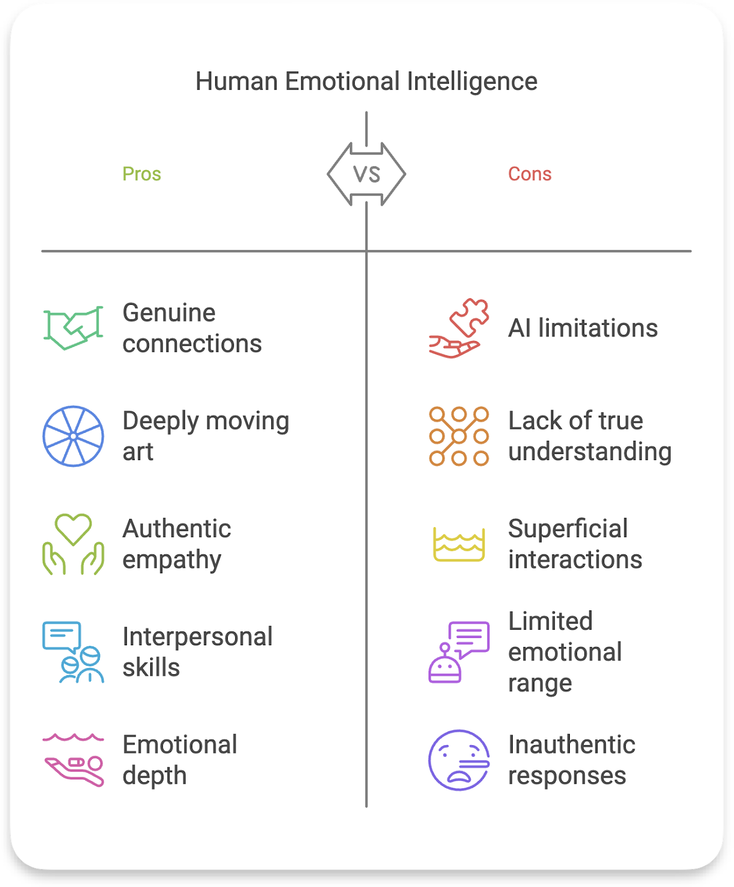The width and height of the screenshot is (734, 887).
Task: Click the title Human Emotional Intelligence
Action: pyautogui.click(x=366, y=81)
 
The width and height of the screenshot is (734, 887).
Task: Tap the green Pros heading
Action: pyautogui.click(x=141, y=174)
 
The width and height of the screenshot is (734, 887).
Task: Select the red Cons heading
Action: pyautogui.click(x=529, y=174)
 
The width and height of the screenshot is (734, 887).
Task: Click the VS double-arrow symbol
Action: pyautogui.click(x=366, y=174)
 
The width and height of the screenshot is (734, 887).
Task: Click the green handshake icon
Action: pyautogui.click(x=73, y=328)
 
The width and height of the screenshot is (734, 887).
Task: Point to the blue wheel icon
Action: pyautogui.click(x=73, y=436)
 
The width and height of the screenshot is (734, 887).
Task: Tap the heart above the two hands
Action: pyautogui.click(x=73, y=528)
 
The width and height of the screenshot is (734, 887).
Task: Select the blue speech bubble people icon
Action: pyautogui.click(x=73, y=652)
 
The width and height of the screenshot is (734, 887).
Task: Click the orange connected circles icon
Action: pyautogui.click(x=459, y=436)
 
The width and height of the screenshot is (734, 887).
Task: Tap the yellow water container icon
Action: pyautogui.click(x=459, y=544)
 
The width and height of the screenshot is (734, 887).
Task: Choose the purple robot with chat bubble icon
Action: pyautogui.click(x=459, y=652)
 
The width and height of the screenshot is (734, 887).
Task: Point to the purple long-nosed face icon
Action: pyautogui.click(x=459, y=760)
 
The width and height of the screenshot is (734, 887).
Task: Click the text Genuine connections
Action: pyautogui.click(x=192, y=328)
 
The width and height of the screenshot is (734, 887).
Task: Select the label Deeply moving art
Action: pyautogui.click(x=206, y=436)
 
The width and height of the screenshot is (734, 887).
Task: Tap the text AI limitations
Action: pyautogui.click(x=583, y=328)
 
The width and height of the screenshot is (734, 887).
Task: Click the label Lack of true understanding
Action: pyautogui.click(x=589, y=436)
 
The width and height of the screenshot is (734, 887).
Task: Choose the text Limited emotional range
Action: pyautogui.click(x=565, y=652)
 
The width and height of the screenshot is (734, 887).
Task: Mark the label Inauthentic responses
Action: pyautogui.click(x=572, y=760)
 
